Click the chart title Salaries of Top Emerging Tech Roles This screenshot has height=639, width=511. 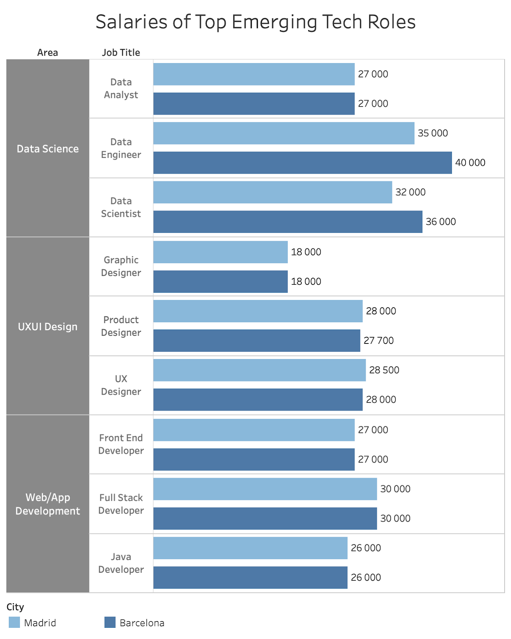click(x=255, y=22)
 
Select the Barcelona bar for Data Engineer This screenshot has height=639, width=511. click(x=302, y=163)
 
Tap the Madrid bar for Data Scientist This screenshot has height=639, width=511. click(x=272, y=192)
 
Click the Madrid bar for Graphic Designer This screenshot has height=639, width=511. click(x=220, y=252)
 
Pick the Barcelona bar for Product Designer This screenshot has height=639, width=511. click(x=256, y=341)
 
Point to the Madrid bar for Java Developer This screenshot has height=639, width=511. click(x=250, y=548)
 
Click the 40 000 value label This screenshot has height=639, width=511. click(x=470, y=163)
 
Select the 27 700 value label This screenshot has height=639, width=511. click(x=378, y=341)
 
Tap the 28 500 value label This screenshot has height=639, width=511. click(x=384, y=370)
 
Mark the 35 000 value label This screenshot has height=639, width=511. click(x=432, y=133)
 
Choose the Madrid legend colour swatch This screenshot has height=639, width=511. click(x=14, y=622)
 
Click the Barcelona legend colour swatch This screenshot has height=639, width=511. click(x=110, y=622)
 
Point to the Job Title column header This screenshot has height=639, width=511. click(x=121, y=53)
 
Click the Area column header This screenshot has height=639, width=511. click(x=48, y=53)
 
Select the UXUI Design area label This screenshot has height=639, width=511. click(x=48, y=327)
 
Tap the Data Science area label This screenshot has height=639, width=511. click(x=48, y=149)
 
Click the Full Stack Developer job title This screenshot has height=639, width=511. click(x=121, y=504)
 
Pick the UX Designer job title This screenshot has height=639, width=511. click(x=121, y=385)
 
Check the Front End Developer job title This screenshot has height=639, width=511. click(x=121, y=444)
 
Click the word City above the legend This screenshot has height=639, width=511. click(x=15, y=607)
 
